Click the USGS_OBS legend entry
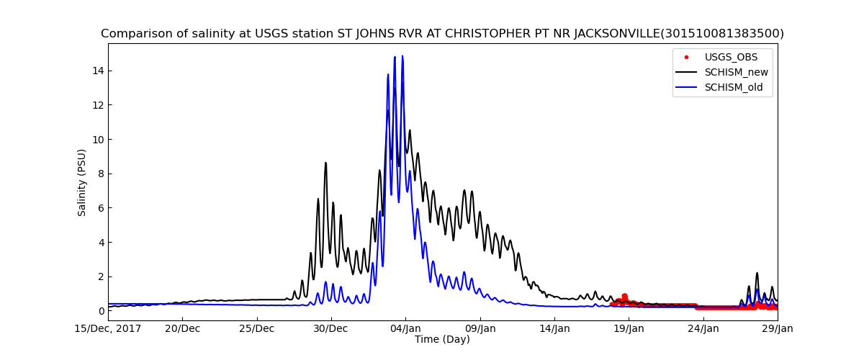click(x=731, y=58)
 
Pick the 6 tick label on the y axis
click(x=97, y=208)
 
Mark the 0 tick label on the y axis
click(x=97, y=311)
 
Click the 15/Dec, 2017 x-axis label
click(x=108, y=329)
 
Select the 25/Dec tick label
click(x=257, y=329)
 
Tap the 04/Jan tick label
click(x=405, y=329)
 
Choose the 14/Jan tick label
click(x=554, y=329)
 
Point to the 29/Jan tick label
click(x=777, y=329)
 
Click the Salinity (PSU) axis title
click(x=82, y=182)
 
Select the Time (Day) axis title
click(x=442, y=340)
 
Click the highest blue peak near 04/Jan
click(x=402, y=57)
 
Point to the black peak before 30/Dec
click(x=325, y=163)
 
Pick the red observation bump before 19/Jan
click(x=624, y=296)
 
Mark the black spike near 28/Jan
click(x=757, y=274)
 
